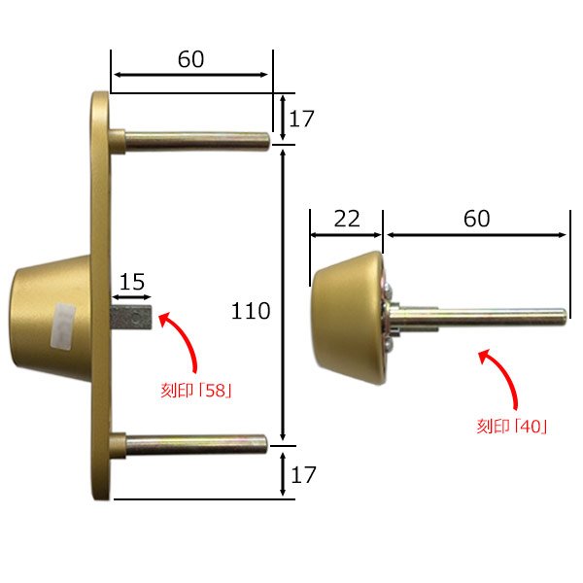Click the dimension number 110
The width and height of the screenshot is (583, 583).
point(251,312)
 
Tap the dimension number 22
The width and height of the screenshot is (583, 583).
point(346,219)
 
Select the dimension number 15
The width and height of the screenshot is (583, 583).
point(132,282)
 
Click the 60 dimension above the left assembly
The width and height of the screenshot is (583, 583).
point(190,59)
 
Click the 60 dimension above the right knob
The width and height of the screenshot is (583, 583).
point(476,219)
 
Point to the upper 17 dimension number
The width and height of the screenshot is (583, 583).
point(302,120)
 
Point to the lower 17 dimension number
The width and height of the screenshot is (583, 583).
point(302,475)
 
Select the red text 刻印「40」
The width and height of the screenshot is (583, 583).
point(512,426)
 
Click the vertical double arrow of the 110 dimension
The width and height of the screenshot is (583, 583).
point(283,291)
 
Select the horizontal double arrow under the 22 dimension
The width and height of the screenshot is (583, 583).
point(347,235)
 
